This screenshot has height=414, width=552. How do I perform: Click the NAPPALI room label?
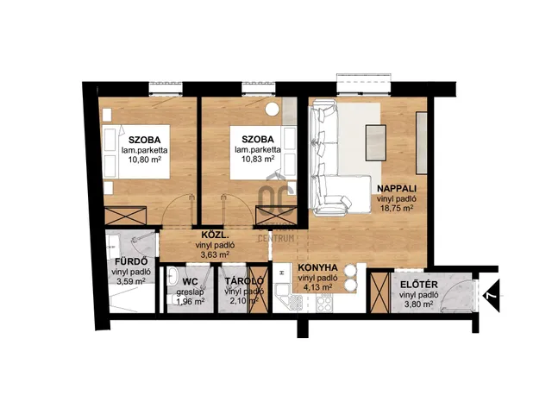(x=397, y=189)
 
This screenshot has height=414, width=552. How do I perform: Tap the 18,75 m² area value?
(x=397, y=208)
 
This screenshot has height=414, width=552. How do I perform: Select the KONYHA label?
(x=317, y=267)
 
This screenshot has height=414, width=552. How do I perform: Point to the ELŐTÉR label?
(x=418, y=285)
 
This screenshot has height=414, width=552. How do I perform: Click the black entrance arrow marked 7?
(x=491, y=295)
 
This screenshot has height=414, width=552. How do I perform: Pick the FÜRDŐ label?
(x=131, y=262)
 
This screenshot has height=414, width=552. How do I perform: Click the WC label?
(x=190, y=282)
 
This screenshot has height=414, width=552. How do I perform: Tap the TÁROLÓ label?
(x=244, y=281)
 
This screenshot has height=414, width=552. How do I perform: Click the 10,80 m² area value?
(x=145, y=160)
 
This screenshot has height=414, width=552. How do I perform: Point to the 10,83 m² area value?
(x=258, y=159)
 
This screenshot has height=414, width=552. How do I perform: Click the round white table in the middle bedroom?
(x=273, y=109)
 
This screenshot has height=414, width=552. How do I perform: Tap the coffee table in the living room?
(x=376, y=142)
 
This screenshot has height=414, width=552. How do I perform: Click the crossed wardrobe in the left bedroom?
(x=126, y=216)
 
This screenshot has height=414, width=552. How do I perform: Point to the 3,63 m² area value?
(x=215, y=255)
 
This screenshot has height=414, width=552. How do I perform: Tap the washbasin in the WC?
(x=172, y=276)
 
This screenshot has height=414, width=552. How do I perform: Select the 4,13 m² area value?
(x=317, y=287)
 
